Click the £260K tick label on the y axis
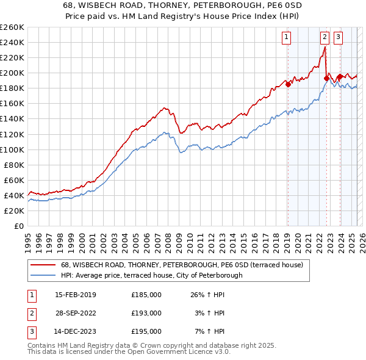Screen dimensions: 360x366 (x=12, y=27)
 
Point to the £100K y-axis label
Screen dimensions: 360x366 (x=12, y=149)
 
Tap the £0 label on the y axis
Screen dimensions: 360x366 (x=18, y=226)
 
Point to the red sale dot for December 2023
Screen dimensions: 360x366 (x=340, y=77)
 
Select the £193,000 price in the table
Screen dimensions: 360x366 (x=146, y=313)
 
